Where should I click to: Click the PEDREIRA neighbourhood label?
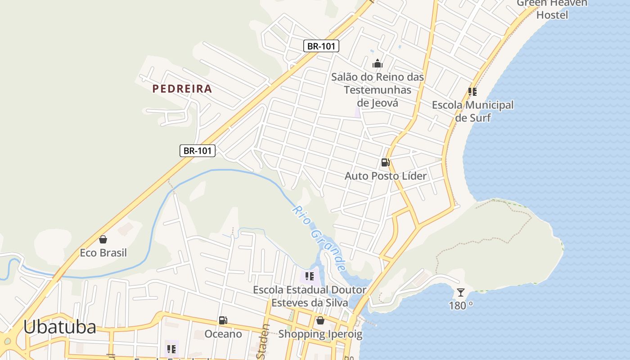pyautogui.click(x=182, y=89)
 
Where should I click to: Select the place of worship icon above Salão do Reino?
pyautogui.click(x=378, y=63)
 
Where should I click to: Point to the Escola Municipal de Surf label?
pyautogui.click(x=472, y=111)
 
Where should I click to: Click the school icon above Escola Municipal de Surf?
pyautogui.click(x=472, y=92)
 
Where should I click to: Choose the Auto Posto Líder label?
pyautogui.click(x=385, y=176)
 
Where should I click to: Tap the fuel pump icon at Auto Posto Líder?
pyautogui.click(x=385, y=162)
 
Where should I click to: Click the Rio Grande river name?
pyautogui.click(x=319, y=238)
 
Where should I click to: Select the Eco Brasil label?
pyautogui.click(x=103, y=253)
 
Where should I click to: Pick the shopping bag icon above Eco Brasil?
pyautogui.click(x=103, y=239)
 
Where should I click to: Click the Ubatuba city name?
pyautogui.click(x=59, y=327)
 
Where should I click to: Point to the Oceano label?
pyautogui.click(x=223, y=334)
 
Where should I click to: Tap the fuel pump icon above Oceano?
pyautogui.click(x=223, y=320)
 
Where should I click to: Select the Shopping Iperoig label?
pyautogui.click(x=320, y=334)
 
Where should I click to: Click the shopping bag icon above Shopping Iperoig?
pyautogui.click(x=320, y=320)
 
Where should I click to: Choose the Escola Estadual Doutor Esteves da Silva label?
pyautogui.click(x=310, y=296)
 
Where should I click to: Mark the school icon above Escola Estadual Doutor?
pyautogui.click(x=309, y=276)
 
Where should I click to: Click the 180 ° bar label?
pyautogui.click(x=461, y=306)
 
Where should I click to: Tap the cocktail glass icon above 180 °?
pyautogui.click(x=461, y=292)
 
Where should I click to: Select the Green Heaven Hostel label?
pyautogui.click(x=552, y=9)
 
